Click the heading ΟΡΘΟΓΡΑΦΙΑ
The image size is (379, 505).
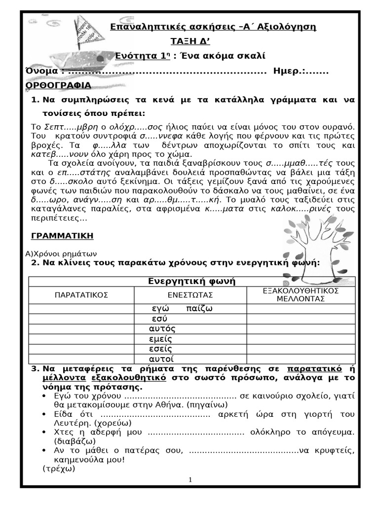click(58, 86)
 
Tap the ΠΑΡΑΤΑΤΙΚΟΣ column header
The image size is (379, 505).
click(81, 295)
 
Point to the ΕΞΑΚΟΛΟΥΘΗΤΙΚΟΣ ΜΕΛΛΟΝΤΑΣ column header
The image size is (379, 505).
click(301, 294)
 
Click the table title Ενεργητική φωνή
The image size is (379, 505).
click(192, 281)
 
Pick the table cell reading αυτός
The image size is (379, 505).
click(162, 328)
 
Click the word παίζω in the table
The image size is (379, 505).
click(199, 309)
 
